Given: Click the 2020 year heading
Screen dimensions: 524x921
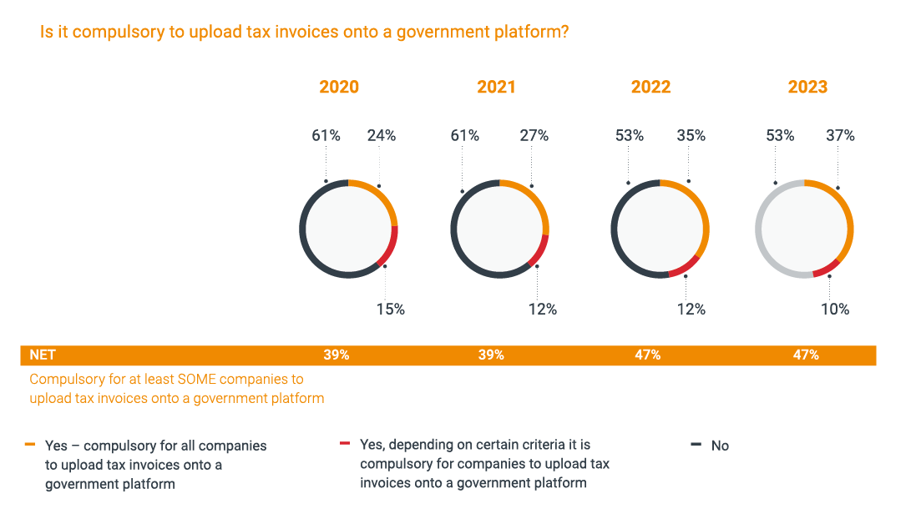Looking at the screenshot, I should tap(339, 88).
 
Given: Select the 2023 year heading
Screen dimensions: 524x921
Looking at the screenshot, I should tap(807, 88).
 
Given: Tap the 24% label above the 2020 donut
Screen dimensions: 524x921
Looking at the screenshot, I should tap(382, 135).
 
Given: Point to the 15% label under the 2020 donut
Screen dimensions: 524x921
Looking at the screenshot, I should tap(390, 310).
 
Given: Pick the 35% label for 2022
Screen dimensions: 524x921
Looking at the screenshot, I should tap(691, 135).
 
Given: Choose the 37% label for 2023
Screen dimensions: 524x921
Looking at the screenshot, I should tap(840, 135).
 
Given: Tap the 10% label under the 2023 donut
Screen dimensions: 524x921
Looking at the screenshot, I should tap(834, 310).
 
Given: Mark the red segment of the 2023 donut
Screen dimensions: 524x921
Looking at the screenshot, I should tap(826, 269).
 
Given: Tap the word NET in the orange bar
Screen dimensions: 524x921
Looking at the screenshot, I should tap(43, 355).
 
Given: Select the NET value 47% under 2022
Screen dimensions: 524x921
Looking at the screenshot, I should tap(647, 355).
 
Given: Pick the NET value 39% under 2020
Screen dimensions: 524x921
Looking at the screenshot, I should tap(337, 355).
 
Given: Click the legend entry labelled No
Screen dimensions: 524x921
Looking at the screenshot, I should tap(720, 446).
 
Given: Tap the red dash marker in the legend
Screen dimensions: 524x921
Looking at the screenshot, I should tap(344, 444).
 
